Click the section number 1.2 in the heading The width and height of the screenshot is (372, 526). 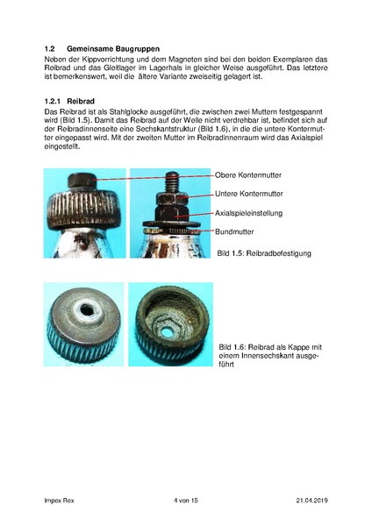[50, 48]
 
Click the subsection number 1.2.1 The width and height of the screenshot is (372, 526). [54, 102]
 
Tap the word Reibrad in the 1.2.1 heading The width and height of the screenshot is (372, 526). [94, 102]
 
